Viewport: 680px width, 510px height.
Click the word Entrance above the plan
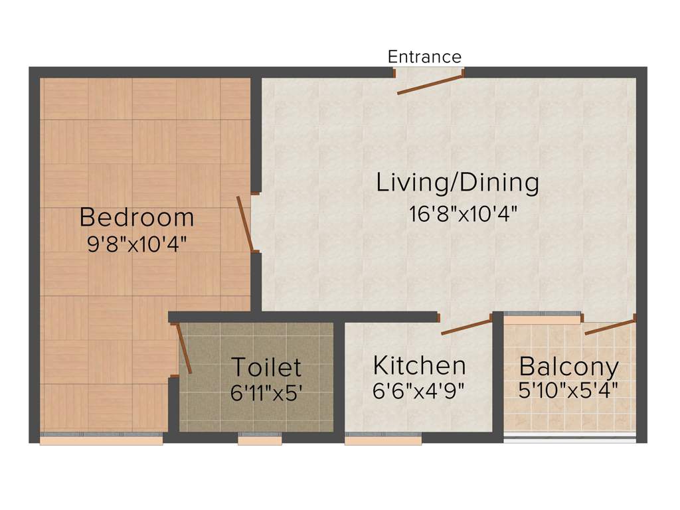point(424,57)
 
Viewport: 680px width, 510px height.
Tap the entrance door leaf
point(429,85)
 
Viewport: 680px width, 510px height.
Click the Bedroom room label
point(137,217)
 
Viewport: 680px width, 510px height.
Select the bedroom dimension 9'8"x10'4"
point(137,244)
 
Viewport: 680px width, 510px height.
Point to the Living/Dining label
point(458,183)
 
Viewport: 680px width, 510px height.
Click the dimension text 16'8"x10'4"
point(463,214)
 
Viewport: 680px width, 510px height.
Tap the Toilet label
point(266,367)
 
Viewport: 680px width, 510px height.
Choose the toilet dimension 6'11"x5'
point(266,392)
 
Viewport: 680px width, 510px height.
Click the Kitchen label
point(419,365)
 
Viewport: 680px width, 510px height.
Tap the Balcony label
point(569,366)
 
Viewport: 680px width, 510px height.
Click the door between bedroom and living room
point(244,224)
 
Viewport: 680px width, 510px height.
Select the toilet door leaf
point(184,349)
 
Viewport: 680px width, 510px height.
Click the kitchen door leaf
point(466,327)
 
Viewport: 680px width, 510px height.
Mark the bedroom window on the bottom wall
point(101,439)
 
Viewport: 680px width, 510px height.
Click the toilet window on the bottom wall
point(260,439)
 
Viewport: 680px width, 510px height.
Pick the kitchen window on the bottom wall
point(383,439)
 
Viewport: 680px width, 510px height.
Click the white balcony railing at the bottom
point(569,438)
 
